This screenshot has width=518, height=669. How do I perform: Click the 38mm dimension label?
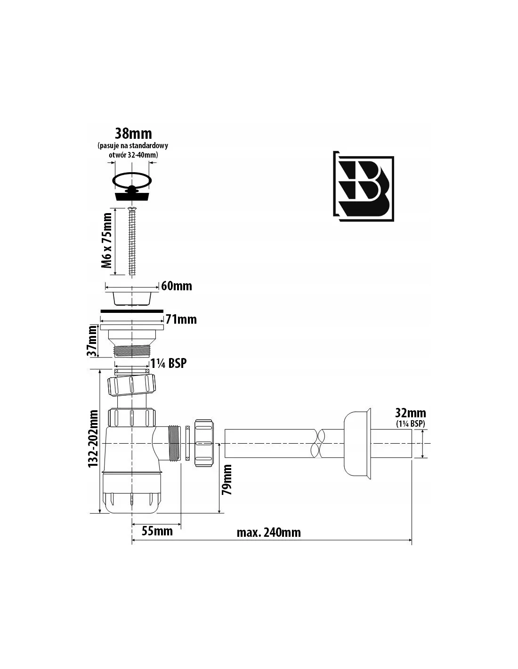[x=133, y=134]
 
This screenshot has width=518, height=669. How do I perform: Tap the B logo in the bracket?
[x=364, y=186]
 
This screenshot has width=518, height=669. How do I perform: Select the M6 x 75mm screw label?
[x=107, y=240]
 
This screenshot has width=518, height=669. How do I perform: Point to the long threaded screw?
[x=132, y=241]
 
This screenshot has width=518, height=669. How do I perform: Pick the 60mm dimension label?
[x=177, y=286]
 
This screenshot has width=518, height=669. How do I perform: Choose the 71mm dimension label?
[x=181, y=319]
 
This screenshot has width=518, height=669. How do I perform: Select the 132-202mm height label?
[x=93, y=438]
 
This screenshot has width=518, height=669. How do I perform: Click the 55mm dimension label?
[x=157, y=531]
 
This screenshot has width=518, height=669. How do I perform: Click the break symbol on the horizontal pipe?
[x=319, y=444]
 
